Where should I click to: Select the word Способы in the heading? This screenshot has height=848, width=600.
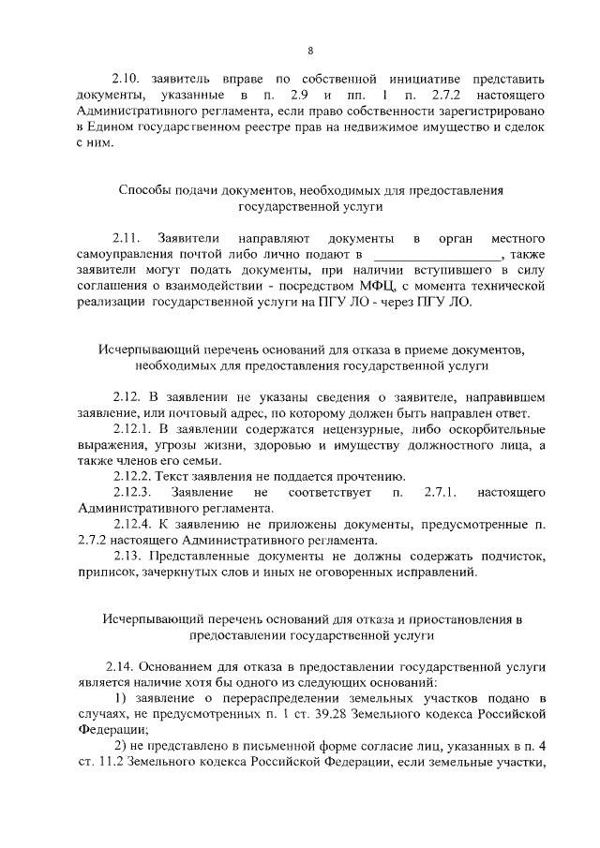[147, 189]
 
